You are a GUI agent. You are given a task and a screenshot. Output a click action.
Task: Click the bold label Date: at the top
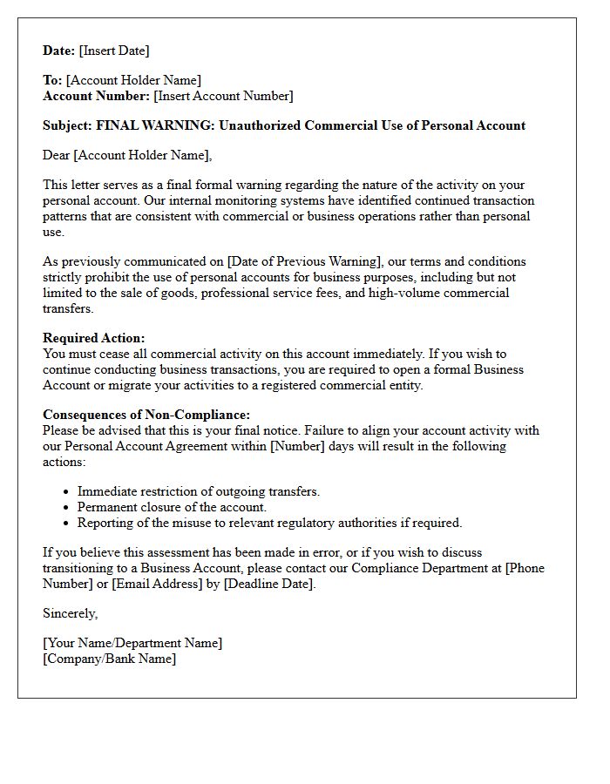click(59, 51)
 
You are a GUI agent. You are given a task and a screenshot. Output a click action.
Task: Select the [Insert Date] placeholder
click(114, 51)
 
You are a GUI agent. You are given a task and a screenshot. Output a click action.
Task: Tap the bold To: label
click(52, 80)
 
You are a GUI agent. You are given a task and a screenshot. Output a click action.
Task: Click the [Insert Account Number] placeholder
click(223, 96)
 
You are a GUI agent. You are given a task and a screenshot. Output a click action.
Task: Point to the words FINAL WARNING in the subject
click(154, 125)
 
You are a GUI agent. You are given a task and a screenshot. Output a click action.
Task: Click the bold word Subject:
click(67, 125)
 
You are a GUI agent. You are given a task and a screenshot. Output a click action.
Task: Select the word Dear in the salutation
click(57, 155)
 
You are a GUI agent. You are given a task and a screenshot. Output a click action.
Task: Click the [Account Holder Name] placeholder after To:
click(133, 80)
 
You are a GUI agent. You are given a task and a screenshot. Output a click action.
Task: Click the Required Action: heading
click(94, 338)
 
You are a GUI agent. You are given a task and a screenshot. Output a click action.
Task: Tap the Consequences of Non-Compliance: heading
click(146, 415)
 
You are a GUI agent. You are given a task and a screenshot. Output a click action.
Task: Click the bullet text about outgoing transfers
click(199, 491)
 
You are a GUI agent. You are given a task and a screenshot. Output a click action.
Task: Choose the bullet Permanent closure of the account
click(172, 507)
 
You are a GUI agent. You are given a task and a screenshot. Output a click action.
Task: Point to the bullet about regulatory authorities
click(269, 523)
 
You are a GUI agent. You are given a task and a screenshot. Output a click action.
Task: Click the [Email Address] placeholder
click(165, 584)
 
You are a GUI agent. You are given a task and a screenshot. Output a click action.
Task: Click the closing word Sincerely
click(70, 613)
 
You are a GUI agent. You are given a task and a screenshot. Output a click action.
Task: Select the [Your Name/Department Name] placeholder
click(132, 643)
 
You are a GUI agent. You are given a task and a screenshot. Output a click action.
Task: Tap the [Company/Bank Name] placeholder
click(109, 659)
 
